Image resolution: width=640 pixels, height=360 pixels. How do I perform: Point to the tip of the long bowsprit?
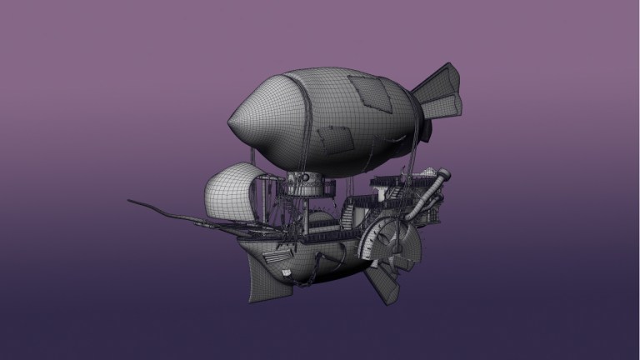coord(130,201)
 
